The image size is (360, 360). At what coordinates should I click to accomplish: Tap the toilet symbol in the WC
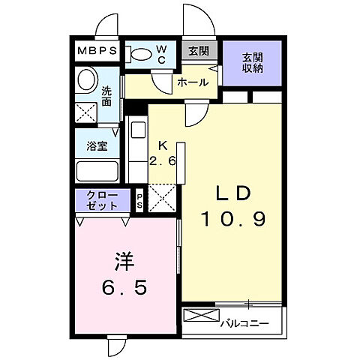point(141,54)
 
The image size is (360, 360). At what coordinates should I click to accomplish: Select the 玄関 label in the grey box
point(199,52)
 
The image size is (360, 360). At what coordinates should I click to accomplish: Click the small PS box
point(140,200)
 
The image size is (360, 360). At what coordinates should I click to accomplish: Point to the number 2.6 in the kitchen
point(163,160)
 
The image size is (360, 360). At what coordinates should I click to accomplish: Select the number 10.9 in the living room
point(233,220)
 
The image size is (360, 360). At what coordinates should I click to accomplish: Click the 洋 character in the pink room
point(124,262)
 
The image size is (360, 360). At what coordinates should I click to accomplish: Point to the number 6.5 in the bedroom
point(124,287)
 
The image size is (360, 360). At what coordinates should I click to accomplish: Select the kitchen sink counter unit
point(139,150)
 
